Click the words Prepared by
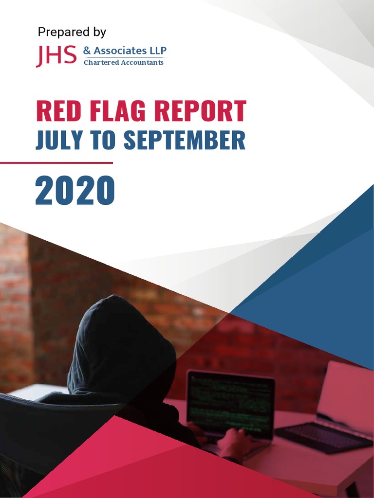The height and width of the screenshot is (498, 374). [72, 32]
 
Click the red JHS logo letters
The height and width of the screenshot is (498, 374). [56, 56]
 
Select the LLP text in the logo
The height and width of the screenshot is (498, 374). [158, 51]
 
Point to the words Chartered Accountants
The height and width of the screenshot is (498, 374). [124, 62]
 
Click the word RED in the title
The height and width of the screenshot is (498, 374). [58, 111]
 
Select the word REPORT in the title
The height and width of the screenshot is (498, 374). [200, 111]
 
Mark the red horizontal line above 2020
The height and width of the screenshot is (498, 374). [56, 162]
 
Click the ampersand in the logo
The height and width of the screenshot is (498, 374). [87, 51]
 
